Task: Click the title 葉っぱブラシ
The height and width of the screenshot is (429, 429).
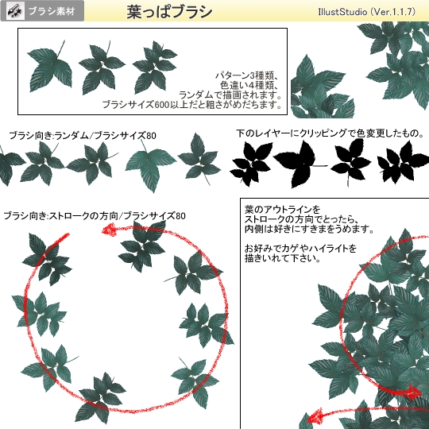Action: pyautogui.click(x=169, y=12)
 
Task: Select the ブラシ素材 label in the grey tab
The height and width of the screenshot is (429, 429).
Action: pyautogui.click(x=52, y=11)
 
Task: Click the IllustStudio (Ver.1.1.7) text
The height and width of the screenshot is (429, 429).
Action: pyautogui.click(x=366, y=12)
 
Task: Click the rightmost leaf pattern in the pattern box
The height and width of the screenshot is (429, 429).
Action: pyautogui.click(x=155, y=67)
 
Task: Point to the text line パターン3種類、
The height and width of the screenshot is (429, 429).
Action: pyautogui.click(x=246, y=75)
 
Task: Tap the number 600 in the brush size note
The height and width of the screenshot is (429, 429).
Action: pyautogui.click(x=162, y=105)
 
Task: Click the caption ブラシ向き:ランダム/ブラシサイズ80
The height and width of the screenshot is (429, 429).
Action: pyautogui.click(x=83, y=135)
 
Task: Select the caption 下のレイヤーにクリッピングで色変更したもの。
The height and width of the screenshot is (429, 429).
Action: pyautogui.click(x=330, y=133)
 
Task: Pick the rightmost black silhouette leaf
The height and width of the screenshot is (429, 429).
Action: pyautogui.click(x=402, y=164)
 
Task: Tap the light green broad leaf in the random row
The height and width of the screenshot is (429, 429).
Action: pyautogui.click(x=150, y=168)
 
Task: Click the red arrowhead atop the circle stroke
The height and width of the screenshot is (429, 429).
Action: pyautogui.click(x=109, y=230)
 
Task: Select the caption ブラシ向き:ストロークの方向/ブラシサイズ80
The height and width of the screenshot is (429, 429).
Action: pyautogui.click(x=95, y=216)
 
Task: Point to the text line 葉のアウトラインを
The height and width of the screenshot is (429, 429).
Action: pyautogui.click(x=282, y=210)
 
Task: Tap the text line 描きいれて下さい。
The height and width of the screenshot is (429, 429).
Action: pyautogui.click(x=283, y=258)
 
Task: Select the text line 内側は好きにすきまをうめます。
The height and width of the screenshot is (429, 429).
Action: pyautogui.click(x=309, y=229)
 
